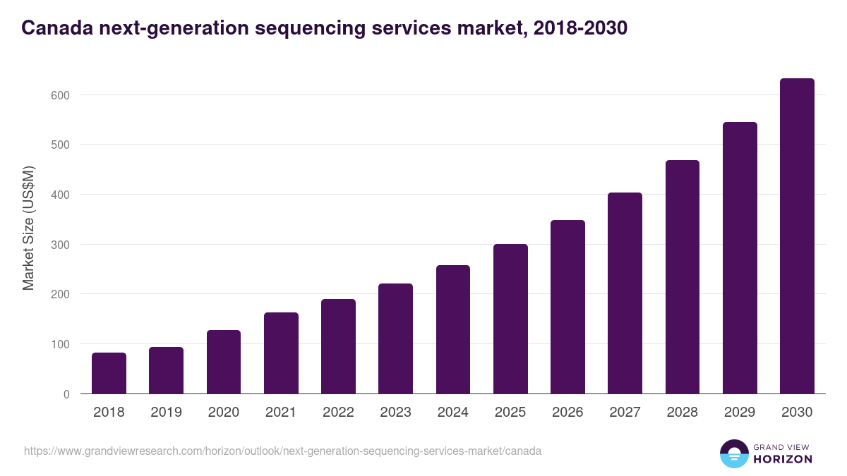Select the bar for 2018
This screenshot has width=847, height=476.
(x=109, y=373)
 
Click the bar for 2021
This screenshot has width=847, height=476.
(x=281, y=353)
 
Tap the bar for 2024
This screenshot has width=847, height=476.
(x=453, y=329)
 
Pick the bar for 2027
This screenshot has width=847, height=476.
(x=625, y=293)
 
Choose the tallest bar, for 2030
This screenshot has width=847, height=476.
(x=797, y=236)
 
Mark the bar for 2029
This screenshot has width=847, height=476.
(x=740, y=258)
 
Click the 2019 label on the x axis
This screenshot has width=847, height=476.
(x=166, y=413)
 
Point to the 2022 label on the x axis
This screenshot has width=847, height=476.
(x=338, y=413)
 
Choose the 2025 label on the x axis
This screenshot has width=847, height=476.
(x=510, y=413)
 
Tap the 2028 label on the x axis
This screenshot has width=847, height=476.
(x=683, y=413)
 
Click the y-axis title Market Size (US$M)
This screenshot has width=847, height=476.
(x=28, y=228)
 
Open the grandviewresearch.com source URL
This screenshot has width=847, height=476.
(x=282, y=451)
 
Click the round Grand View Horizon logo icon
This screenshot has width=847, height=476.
(x=733, y=453)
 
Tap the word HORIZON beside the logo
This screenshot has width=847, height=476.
(x=782, y=459)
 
